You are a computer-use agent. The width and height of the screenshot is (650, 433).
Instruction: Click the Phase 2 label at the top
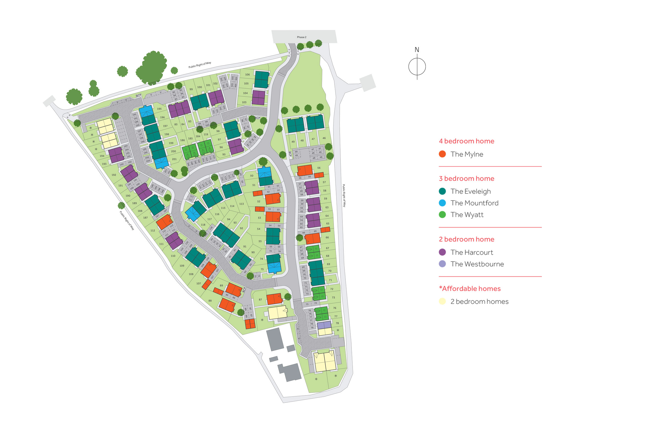point(301,37)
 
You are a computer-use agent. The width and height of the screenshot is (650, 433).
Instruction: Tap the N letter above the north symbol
point(416,50)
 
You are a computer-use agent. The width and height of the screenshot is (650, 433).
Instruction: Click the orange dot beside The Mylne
point(442,154)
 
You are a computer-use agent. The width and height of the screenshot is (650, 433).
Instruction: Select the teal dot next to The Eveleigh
point(442,191)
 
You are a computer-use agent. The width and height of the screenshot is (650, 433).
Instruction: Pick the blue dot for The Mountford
point(442,203)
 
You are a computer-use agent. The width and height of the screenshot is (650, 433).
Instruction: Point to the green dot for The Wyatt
point(442,214)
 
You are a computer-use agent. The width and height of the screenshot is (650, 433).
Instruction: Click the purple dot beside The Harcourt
point(442,252)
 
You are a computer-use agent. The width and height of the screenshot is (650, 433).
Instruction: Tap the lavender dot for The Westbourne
point(442,264)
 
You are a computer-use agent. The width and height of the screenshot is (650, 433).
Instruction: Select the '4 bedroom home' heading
point(466,141)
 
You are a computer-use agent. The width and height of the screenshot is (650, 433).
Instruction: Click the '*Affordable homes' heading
point(470,288)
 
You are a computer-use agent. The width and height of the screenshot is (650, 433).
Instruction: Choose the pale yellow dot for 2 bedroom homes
point(442,301)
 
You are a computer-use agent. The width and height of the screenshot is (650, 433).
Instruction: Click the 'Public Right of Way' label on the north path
point(199,65)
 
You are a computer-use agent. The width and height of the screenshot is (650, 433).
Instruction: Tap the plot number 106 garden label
point(247,75)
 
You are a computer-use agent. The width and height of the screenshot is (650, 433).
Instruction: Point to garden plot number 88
point(210,300)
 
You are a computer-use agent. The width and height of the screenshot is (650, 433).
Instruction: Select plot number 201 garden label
point(174,159)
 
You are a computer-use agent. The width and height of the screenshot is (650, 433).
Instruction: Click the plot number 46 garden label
point(324,138)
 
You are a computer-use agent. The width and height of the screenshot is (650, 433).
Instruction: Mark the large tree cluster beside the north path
point(152,68)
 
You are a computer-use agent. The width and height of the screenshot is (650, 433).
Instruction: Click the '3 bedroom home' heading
point(466,179)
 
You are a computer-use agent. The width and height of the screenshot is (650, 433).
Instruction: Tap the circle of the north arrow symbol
point(417,67)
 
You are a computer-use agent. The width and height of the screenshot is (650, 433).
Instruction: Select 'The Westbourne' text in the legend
point(477,264)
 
